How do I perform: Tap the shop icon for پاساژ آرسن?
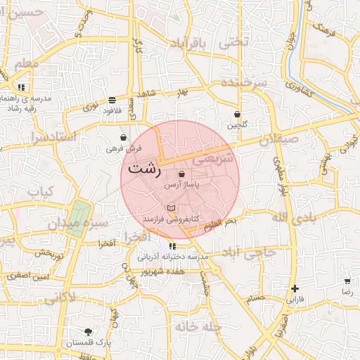coord(182,174)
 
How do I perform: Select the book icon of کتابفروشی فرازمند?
coord(170,209)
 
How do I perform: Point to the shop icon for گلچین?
coord(237,114)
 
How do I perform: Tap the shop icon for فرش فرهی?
coord(124,137)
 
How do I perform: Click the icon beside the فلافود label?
coord(112,100)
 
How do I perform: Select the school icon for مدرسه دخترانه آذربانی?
coord(172,246)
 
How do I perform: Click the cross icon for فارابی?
coord(295,288)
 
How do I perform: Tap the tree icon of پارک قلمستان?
coord(88,332)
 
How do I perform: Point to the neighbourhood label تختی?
coord(234,42)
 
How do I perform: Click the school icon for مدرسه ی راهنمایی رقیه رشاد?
coord(22,87)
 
